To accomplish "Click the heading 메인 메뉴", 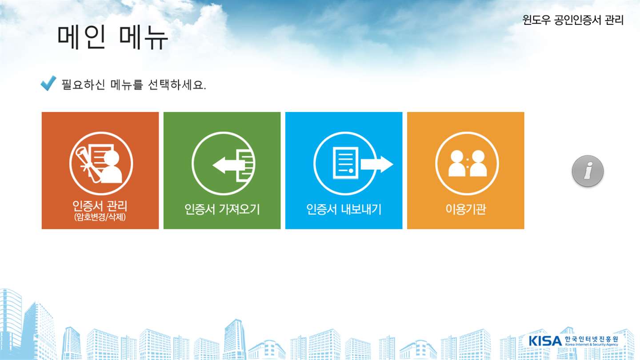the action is [x=112, y=38].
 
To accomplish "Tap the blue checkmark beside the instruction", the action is [x=48, y=83].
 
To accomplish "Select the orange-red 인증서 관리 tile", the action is [x=100, y=171].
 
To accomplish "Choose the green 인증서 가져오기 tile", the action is [x=222, y=171].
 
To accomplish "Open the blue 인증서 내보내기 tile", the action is [x=344, y=171].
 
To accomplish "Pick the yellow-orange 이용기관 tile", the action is [x=466, y=171].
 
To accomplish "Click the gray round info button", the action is [x=588, y=171].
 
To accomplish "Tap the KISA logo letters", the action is [x=545, y=341].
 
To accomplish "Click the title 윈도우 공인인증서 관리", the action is [x=573, y=20].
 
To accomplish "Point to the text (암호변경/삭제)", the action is [x=100, y=217].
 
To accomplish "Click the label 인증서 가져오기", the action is [x=222, y=209].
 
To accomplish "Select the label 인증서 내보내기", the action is [x=344, y=209].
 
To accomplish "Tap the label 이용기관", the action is [x=466, y=209].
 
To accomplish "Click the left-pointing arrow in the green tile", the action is [x=226, y=165].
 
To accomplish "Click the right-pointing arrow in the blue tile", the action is [x=377, y=164].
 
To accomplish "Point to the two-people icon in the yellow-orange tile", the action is [x=468, y=163].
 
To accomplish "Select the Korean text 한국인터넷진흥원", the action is [x=592, y=339].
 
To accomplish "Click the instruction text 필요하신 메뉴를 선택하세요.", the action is [x=134, y=84].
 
